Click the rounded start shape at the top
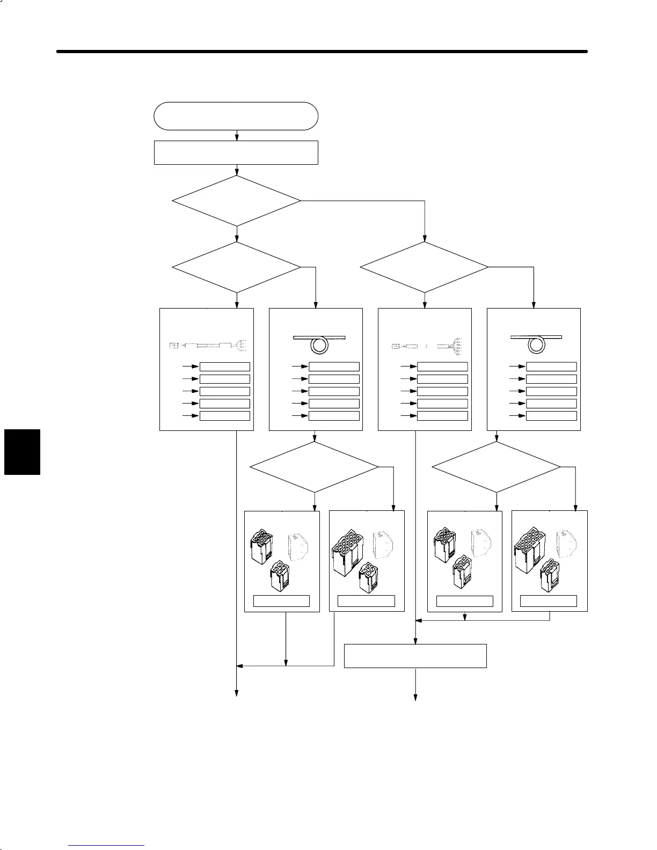pos(236,116)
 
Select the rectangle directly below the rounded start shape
pos(236,152)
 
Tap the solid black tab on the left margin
pos(22,452)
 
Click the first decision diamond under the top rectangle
pos(236,201)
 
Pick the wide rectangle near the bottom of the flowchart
pos(415,656)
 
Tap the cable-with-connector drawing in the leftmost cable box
pos(207,346)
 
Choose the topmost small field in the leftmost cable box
pos(224,367)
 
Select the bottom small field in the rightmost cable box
pos(551,416)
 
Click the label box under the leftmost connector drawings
pos(281,601)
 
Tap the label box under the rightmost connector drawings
pos(549,601)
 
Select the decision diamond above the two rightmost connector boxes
pos(496,467)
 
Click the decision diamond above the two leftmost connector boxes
pos(314,467)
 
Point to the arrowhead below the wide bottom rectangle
pos(415,697)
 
